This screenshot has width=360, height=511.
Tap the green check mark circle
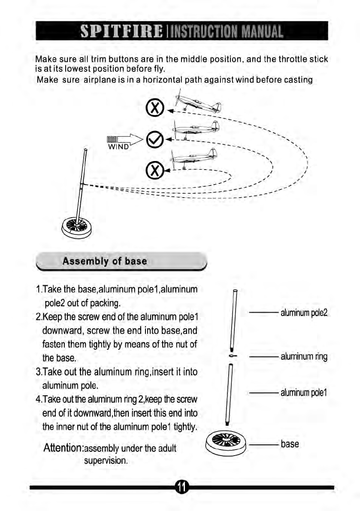pyautogui.click(x=153, y=139)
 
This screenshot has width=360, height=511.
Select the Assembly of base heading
pyautogui.click(x=105, y=261)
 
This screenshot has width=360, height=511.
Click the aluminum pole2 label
pyautogui.click(x=304, y=313)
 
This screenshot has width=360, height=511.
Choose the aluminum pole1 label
pyautogui.click(x=304, y=392)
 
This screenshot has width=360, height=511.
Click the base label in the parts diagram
pyautogui.click(x=290, y=444)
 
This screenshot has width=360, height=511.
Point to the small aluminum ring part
pyautogui.click(x=231, y=356)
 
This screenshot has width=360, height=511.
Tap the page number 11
pyautogui.click(x=182, y=487)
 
